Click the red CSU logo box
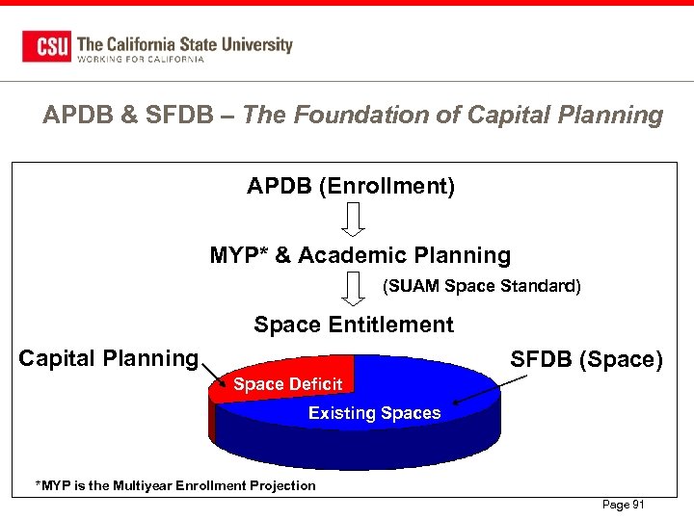click(47, 46)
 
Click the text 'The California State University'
click(184, 43)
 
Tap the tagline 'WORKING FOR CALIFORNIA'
click(141, 60)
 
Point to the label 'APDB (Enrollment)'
click(351, 186)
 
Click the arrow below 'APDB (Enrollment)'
click(355, 219)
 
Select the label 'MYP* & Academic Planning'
click(360, 255)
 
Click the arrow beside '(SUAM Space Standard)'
click(355, 288)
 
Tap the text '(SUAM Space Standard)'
click(482, 286)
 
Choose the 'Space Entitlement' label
click(354, 325)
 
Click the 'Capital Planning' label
click(108, 358)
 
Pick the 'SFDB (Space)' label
click(586, 360)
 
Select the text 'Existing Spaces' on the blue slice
click(374, 413)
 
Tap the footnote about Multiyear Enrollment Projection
click(175, 485)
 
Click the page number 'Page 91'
click(623, 505)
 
